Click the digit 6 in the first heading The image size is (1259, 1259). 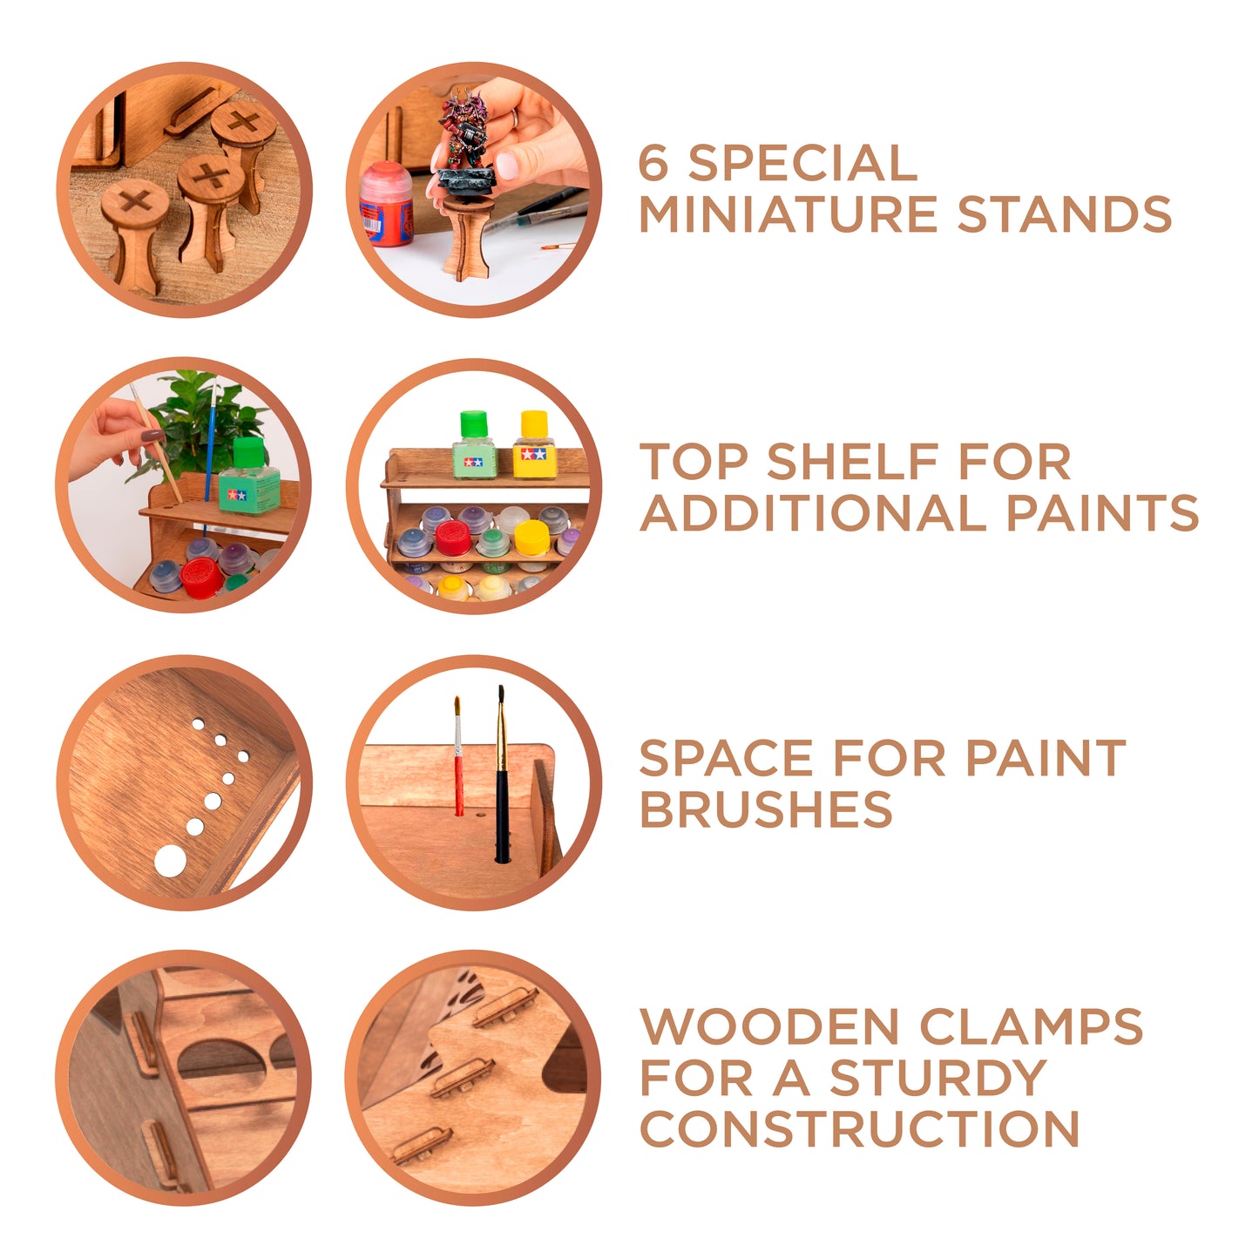(653, 162)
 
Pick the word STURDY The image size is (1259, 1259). (939, 1077)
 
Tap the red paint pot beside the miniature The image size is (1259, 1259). (386, 204)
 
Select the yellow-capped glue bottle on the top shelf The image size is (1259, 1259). (534, 444)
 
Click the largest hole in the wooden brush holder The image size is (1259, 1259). (170, 861)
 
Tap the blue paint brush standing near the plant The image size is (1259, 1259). (210, 457)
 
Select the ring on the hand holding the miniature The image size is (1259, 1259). (515, 118)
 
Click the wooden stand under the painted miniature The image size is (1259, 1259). (465, 236)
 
